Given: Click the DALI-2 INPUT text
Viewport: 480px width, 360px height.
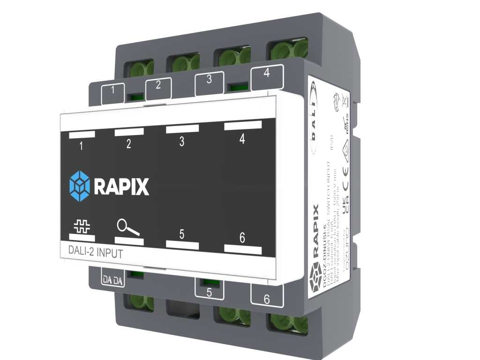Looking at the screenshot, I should pos(92,254).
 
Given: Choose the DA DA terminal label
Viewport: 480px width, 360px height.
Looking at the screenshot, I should pos(112,280).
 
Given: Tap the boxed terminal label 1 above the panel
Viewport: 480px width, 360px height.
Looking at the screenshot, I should pos(112,91).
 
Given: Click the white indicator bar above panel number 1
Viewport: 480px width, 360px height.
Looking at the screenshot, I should pos(82,135).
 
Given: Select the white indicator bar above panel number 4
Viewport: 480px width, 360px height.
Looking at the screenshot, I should pos(242,125).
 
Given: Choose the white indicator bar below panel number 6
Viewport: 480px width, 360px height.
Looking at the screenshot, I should pos(242,250).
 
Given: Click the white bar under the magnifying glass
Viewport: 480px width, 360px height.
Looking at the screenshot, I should pos(129,240).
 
